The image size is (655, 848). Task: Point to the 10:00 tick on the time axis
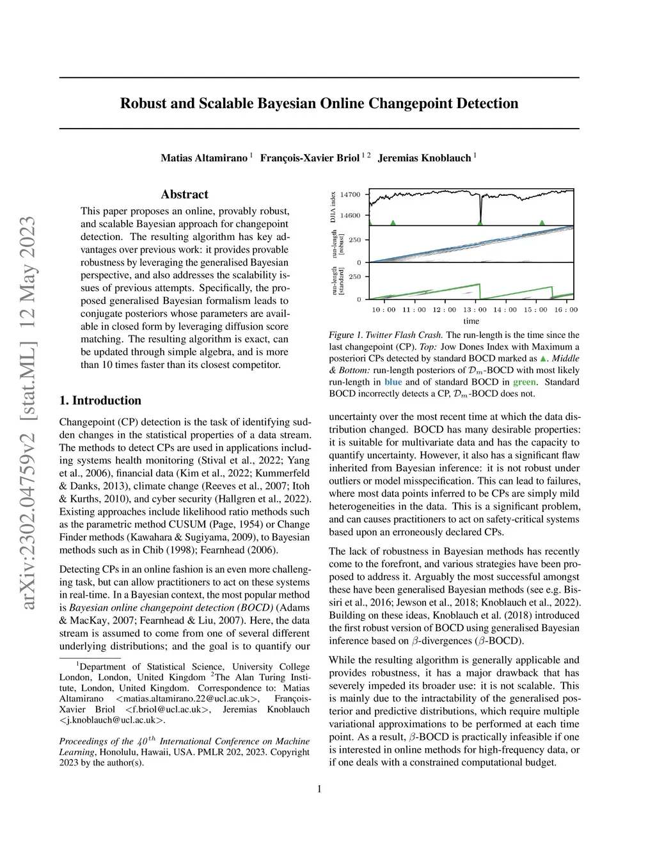click(384, 310)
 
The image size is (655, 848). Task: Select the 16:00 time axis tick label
click(566, 310)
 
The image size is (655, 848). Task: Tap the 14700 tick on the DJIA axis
click(351, 195)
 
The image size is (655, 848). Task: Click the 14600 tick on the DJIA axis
click(351, 216)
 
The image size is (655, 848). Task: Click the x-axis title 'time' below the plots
click(471, 321)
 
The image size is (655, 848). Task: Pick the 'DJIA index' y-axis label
click(333, 207)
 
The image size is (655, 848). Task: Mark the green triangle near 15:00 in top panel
click(542, 223)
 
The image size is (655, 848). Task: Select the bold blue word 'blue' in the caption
click(393, 382)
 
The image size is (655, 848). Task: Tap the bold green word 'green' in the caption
click(525, 382)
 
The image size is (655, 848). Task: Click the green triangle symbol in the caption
click(544, 359)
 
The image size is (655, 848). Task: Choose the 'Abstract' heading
click(184, 195)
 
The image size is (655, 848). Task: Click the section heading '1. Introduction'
click(100, 401)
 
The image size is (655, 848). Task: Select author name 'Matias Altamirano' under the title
click(204, 158)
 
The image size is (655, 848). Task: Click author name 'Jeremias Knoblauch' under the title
click(424, 158)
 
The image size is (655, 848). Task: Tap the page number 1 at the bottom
click(319, 789)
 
